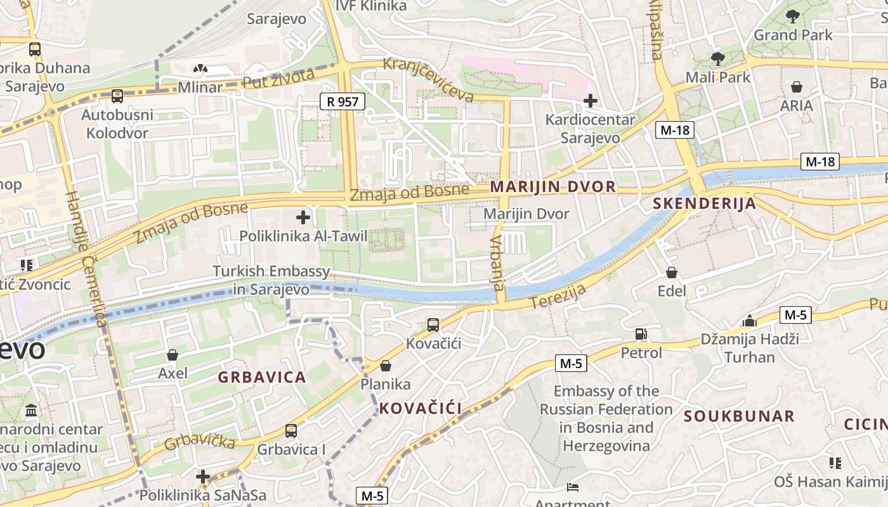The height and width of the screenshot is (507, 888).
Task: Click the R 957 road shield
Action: click(343, 101)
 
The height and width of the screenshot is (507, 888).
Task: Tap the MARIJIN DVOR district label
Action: click(552, 186)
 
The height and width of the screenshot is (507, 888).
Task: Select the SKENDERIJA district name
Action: click(704, 203)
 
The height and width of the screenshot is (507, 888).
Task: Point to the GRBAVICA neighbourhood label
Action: click(262, 377)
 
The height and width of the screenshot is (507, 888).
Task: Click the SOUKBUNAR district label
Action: click(739, 416)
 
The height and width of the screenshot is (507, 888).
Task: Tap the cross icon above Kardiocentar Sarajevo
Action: click(591, 100)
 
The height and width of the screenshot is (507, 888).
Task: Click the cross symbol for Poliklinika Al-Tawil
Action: click(303, 217)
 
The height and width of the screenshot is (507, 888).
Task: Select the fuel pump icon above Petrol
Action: click(641, 333)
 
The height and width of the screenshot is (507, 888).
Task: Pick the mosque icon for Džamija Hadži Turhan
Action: click(750, 320)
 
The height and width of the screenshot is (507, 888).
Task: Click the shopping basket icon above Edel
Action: click(672, 273)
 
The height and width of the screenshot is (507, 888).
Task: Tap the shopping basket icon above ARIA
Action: click(796, 86)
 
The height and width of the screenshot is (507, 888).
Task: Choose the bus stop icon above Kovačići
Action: click(433, 324)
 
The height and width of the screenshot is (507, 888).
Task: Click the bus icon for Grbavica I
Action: click(291, 430)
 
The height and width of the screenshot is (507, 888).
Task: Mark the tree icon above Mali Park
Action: click(717, 59)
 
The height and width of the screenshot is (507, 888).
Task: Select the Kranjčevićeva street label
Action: click(429, 80)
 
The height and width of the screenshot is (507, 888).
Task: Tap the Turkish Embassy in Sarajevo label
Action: click(271, 280)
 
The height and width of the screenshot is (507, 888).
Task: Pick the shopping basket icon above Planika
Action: click(386, 366)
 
